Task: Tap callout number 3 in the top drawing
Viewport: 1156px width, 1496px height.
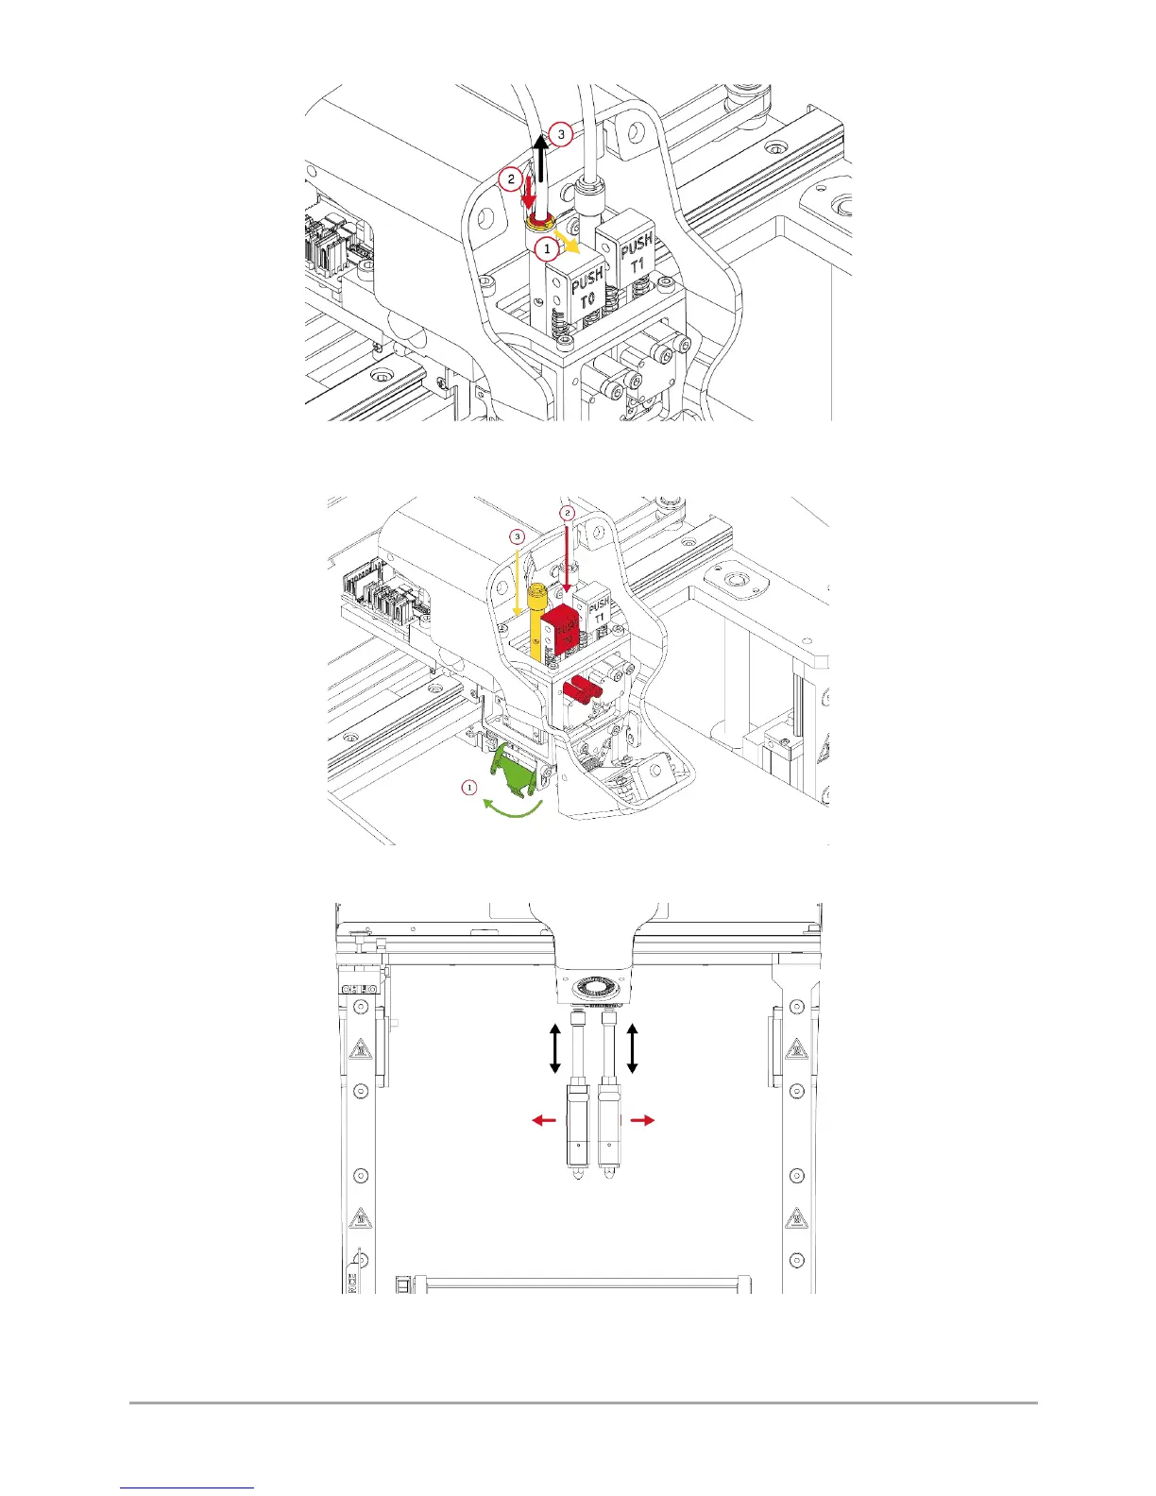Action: coord(561,135)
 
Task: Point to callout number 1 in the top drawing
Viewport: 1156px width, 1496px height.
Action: coord(546,249)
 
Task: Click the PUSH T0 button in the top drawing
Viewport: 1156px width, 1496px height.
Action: coord(586,287)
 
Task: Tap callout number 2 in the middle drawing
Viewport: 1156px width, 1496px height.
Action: coord(567,512)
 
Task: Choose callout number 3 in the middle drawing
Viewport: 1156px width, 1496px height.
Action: coord(517,536)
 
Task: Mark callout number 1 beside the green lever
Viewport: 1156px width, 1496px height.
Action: coord(469,786)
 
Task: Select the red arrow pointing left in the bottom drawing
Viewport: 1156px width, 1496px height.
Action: coord(543,1119)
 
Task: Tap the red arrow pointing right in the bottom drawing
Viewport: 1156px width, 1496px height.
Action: coord(641,1119)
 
